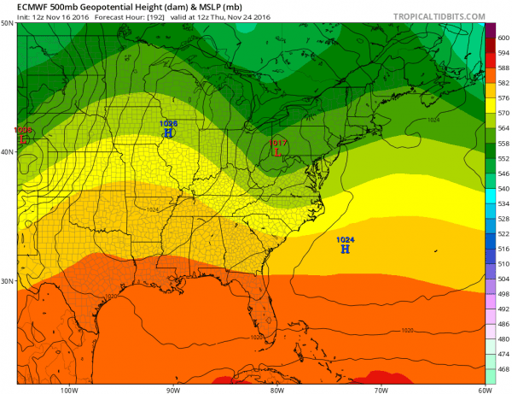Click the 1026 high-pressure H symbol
pos(168,133)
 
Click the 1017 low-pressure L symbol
pos(277,152)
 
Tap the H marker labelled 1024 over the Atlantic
pos(345,249)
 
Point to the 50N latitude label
pos(7,23)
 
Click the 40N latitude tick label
pos(7,152)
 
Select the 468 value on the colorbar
pos(503,368)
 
